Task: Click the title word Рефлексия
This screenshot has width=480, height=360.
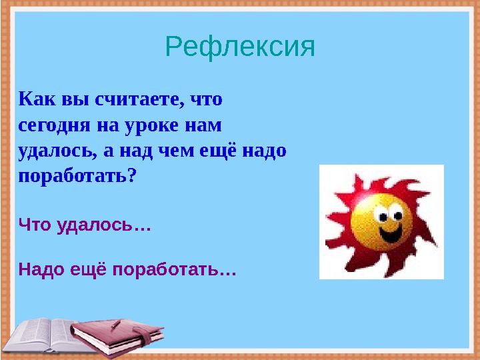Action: (239, 47)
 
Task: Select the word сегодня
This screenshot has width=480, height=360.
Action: (47, 125)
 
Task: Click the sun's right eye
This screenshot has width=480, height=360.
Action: (397, 215)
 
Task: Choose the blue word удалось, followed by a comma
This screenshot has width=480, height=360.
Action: (55, 151)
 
